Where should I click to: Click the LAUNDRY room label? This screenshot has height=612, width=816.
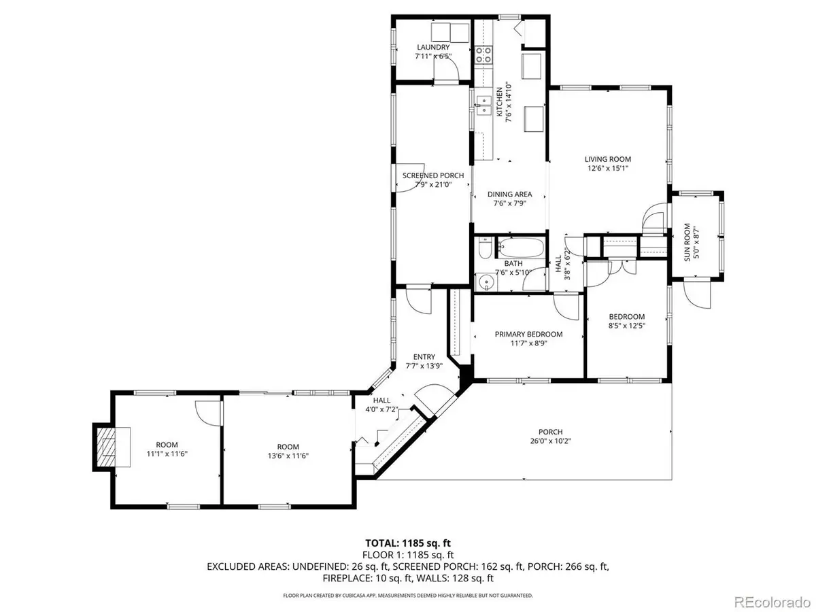click(x=432, y=48)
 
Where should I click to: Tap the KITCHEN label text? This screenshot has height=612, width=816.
click(x=498, y=102)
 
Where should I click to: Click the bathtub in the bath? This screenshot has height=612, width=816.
click(x=520, y=248)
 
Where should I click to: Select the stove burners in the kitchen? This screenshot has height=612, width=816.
click(x=483, y=54)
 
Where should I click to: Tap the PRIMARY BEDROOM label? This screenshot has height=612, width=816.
click(x=528, y=334)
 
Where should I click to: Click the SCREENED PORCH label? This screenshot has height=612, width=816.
click(x=433, y=175)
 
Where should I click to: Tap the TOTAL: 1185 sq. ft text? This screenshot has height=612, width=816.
click(x=407, y=543)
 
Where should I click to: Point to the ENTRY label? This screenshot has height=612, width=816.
click(x=424, y=357)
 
